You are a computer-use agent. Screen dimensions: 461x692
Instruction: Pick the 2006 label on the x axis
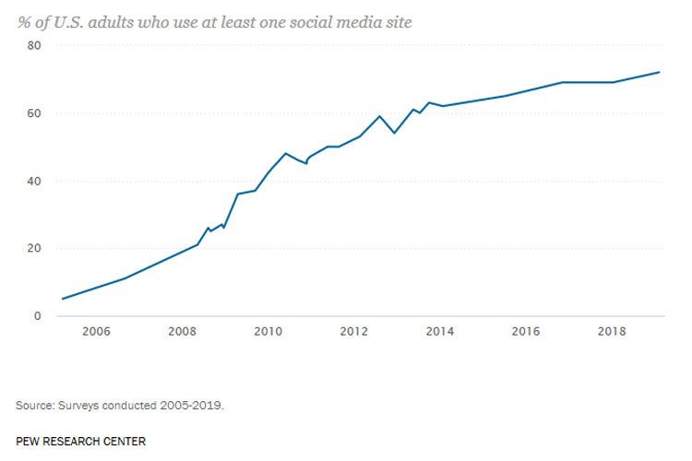pos(97,332)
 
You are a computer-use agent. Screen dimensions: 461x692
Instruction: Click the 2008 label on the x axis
pos(182,332)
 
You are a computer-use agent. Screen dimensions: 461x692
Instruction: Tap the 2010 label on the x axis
pos(268,332)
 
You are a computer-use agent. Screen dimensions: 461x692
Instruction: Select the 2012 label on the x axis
pos(353,332)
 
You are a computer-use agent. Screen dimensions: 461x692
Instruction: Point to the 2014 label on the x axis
pos(439,332)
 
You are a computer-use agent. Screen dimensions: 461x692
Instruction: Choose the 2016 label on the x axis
pos(525,332)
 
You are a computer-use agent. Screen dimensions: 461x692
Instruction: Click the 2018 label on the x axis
pos(611,332)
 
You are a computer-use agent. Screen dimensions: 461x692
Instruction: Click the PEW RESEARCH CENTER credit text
pos(80,441)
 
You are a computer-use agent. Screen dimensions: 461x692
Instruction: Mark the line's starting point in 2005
pos(62,299)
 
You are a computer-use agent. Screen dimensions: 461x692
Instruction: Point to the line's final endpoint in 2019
pos(659,72)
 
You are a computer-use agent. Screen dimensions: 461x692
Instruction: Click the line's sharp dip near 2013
pos(395,133)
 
